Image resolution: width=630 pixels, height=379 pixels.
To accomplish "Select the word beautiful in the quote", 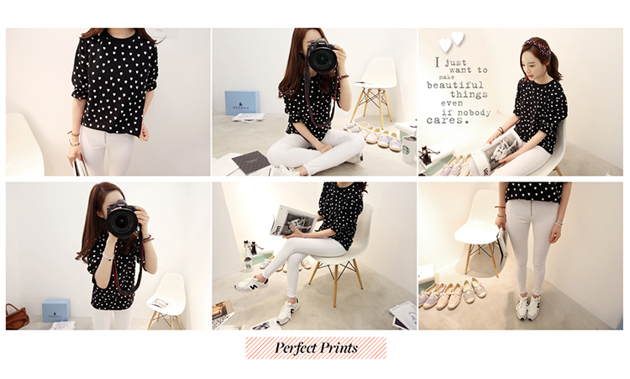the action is [x=454, y=85].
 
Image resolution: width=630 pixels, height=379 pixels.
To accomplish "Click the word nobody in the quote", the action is [x=474, y=113].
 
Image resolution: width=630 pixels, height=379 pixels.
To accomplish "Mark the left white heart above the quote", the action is [x=445, y=45].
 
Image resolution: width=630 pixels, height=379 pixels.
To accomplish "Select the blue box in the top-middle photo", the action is [x=241, y=103].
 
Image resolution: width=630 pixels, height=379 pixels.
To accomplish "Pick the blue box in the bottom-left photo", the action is [x=55, y=310].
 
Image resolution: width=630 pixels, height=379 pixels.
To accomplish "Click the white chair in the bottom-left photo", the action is [x=167, y=300].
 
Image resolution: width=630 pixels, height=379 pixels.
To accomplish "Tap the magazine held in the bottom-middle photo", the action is [x=295, y=221].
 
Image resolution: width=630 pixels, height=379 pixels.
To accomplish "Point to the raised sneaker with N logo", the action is [x=251, y=285].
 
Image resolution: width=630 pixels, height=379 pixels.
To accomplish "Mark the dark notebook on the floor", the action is [x=250, y=162].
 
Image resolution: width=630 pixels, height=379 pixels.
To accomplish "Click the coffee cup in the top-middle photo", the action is [x=408, y=149].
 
